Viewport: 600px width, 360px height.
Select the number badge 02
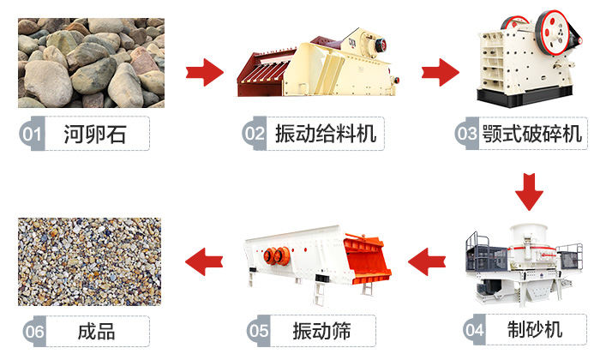point(255,135)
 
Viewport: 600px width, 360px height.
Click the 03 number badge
point(466,135)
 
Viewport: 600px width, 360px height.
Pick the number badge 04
point(474,329)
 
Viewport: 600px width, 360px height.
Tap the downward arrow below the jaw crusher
point(530,191)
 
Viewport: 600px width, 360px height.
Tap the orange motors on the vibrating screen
point(277,255)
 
